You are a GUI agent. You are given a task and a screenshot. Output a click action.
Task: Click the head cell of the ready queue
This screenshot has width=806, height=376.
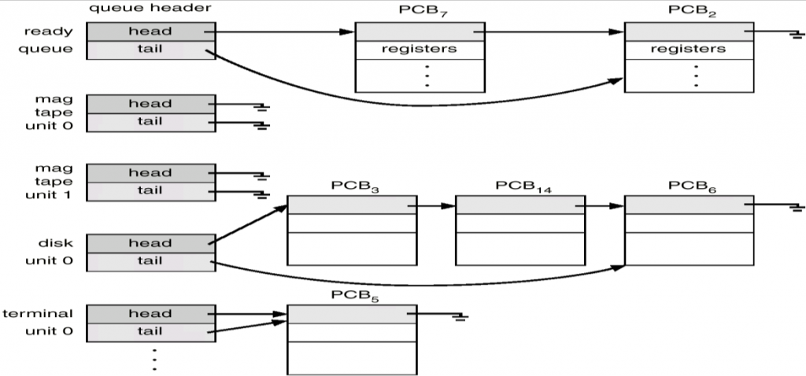point(150,31)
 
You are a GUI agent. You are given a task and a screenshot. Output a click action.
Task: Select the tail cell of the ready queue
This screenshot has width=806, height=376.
point(150,50)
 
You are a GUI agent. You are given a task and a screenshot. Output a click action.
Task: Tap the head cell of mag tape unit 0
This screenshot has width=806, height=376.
point(150,104)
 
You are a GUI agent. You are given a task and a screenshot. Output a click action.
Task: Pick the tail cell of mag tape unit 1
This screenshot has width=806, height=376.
point(150,190)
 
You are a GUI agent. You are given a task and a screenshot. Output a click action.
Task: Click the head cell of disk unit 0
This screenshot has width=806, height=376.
point(150,243)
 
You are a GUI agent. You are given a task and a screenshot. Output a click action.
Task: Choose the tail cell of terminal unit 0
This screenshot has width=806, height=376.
point(150,331)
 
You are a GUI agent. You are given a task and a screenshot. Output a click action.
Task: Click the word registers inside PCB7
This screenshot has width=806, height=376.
point(419,49)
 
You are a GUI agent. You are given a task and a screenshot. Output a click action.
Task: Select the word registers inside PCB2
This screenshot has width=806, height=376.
point(689,49)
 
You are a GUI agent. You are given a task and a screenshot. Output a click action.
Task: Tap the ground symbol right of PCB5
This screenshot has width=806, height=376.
point(460,317)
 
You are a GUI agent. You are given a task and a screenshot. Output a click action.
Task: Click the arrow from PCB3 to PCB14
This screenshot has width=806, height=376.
point(433,206)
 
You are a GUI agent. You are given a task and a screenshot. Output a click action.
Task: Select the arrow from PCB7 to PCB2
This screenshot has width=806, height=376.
point(551,33)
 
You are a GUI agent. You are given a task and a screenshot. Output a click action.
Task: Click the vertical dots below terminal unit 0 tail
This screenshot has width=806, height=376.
point(154,358)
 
